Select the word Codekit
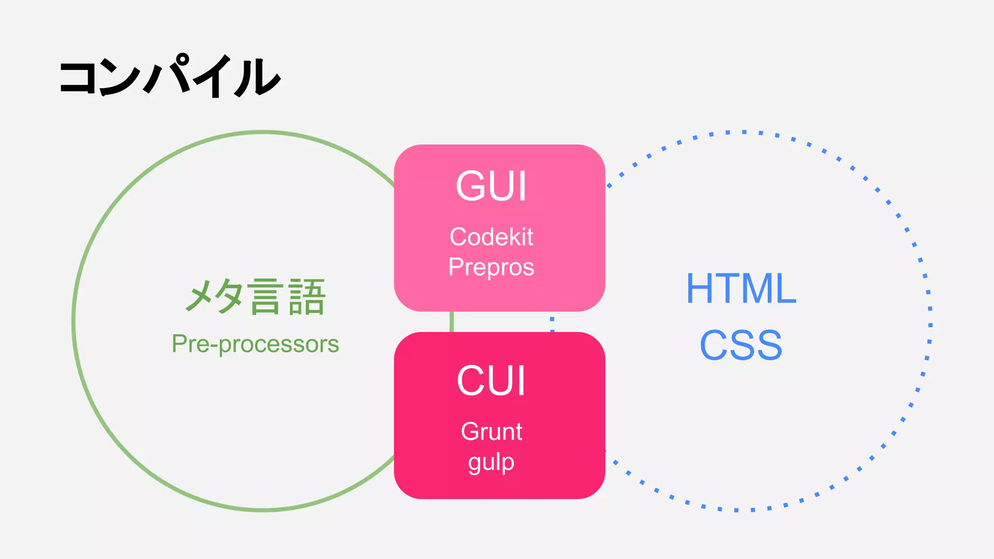(x=491, y=237)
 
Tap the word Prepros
(x=491, y=267)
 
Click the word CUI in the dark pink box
(x=491, y=381)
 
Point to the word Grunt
(x=491, y=431)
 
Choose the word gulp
(x=491, y=462)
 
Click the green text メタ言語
(x=255, y=296)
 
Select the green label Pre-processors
(x=255, y=344)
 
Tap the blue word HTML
(x=741, y=289)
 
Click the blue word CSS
(x=741, y=345)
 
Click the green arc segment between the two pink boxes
(x=451, y=322)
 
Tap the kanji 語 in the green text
(x=306, y=297)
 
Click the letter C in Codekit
(x=458, y=237)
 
